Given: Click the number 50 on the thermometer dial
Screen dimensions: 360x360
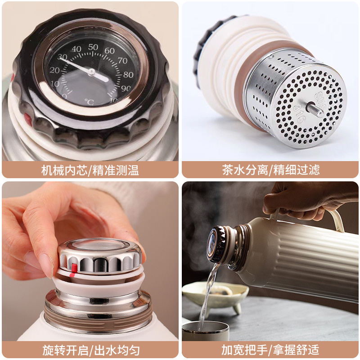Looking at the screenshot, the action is pyautogui.click(x=93, y=47).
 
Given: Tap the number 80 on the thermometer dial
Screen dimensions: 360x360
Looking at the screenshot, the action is pyautogui.click(x=128, y=75).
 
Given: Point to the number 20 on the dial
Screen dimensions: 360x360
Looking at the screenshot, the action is pyautogui.click(x=54, y=70).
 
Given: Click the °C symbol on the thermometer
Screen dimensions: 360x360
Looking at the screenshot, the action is pyautogui.click(x=89, y=102).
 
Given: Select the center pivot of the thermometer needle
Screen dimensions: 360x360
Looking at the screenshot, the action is pyautogui.click(x=91, y=72).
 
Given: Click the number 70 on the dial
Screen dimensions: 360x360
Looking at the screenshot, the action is pyautogui.click(x=122, y=61).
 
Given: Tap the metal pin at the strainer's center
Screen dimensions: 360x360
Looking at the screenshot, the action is pyautogui.click(x=315, y=110).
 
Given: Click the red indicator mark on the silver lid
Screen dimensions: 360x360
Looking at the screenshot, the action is pyautogui.click(x=74, y=270).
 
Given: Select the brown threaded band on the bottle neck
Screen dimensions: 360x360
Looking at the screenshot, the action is pyautogui.click(x=98, y=317).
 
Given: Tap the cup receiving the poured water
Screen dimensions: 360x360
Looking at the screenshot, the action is pyautogui.click(x=206, y=331).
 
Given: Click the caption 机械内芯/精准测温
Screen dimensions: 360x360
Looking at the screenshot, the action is pyautogui.click(x=90, y=170).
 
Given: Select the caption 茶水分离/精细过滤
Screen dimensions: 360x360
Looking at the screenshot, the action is pyautogui.click(x=270, y=170).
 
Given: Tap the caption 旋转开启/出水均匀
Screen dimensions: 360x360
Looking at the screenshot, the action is pyautogui.click(x=91, y=350).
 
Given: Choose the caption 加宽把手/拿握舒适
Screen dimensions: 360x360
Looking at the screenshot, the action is pyautogui.click(x=270, y=350).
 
